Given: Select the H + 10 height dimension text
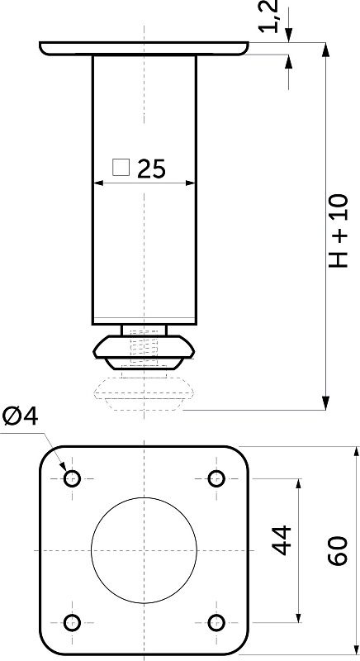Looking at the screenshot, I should pos(339,231).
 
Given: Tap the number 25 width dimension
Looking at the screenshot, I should pos(152,169).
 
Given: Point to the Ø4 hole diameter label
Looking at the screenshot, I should pos(20,416).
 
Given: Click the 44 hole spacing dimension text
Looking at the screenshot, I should pos(282,540).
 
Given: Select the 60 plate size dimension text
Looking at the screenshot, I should pos(338,550).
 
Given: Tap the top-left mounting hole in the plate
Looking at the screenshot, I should pos(72,478).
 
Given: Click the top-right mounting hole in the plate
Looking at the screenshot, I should pos(216,478).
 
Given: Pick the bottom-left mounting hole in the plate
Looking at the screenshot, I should pos(72,622).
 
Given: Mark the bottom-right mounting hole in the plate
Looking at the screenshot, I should pos(216,622).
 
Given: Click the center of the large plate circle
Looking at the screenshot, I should pos(144,550).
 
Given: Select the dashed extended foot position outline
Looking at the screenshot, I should pos(144,392).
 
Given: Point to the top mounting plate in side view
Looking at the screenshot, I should pos(144,48).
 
